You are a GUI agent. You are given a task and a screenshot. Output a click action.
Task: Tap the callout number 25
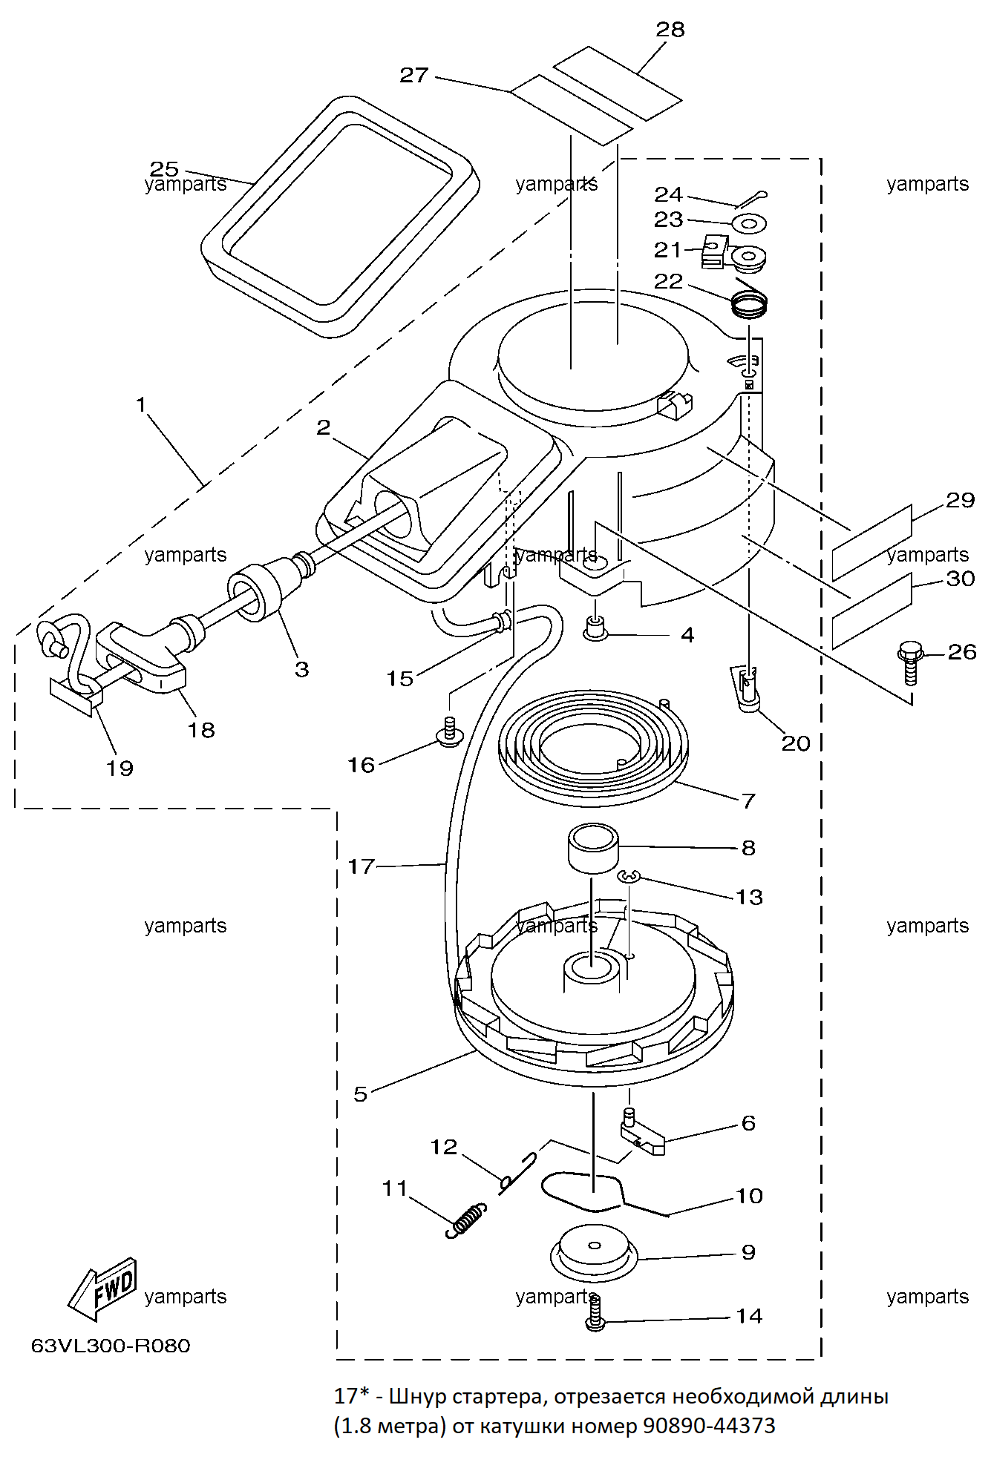(164, 169)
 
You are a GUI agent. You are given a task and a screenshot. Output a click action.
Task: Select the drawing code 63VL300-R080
(111, 1346)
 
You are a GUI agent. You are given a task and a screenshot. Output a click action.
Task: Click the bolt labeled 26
(909, 662)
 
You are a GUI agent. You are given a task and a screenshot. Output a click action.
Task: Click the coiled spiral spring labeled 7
(594, 748)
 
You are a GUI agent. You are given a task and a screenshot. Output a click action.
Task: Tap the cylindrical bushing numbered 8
(593, 848)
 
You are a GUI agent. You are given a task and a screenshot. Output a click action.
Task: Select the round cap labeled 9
(594, 1253)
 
